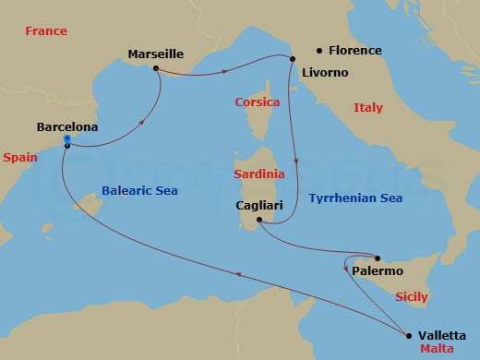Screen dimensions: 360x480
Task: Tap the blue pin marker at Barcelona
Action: point(67,141)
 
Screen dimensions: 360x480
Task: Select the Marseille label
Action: point(155,54)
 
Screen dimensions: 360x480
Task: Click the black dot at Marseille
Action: point(156,68)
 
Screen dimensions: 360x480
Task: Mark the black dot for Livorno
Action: point(293,59)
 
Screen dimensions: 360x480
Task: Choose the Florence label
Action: point(355,51)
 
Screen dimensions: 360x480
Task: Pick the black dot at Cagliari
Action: point(259,220)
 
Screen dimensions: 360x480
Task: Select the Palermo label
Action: point(378,271)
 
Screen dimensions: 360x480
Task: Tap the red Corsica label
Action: point(258,102)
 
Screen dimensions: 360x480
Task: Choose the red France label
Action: point(46,31)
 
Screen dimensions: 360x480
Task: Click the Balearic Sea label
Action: point(138,191)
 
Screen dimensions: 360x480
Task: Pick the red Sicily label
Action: point(411,297)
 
